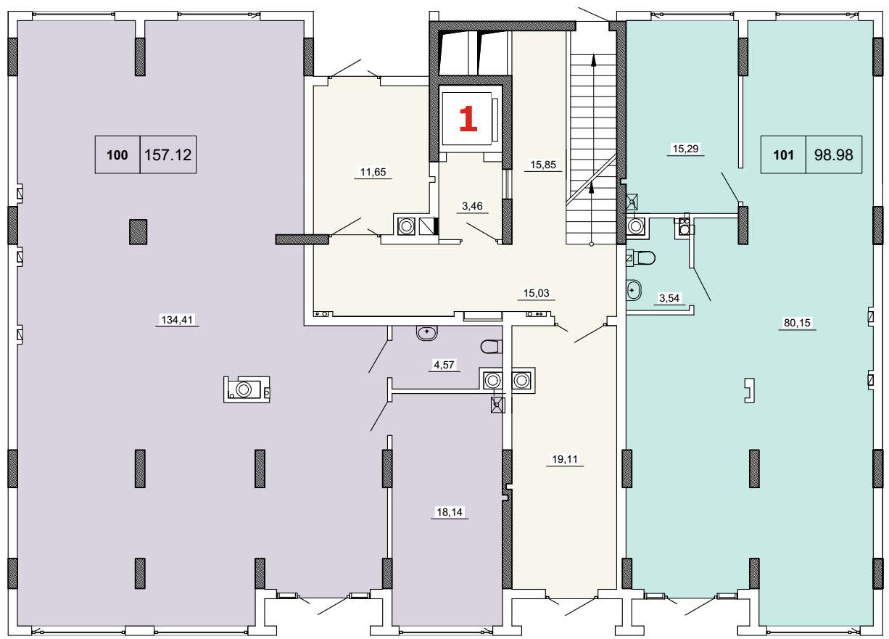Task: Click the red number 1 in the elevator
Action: (468, 118)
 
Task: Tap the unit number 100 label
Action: (117, 154)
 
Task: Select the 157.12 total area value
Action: (168, 154)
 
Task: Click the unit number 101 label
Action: (783, 154)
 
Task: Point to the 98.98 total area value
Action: (833, 154)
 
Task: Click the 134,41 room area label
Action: (177, 319)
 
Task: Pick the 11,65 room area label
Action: (373, 172)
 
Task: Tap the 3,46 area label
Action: (472, 206)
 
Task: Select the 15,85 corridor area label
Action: (543, 165)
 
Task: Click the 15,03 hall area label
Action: (536, 293)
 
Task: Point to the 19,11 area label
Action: (565, 459)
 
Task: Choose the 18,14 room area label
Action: (450, 512)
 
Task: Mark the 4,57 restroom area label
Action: (444, 365)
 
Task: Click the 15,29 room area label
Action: (685, 149)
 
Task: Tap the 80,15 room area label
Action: (797, 323)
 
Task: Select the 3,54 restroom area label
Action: (669, 297)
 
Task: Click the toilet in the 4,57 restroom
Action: (492, 347)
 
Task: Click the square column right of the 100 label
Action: (138, 232)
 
